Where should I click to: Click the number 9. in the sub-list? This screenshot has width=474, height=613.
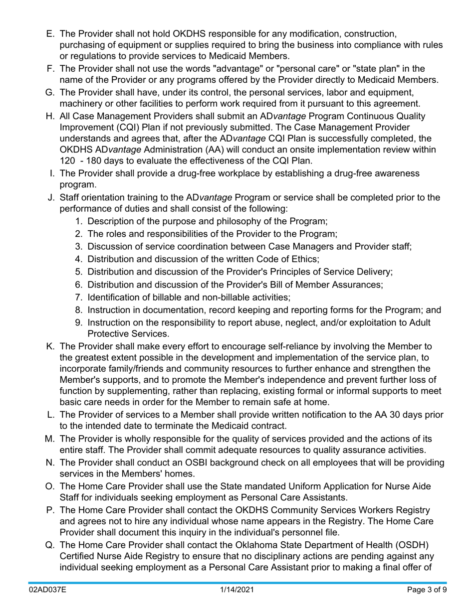79,323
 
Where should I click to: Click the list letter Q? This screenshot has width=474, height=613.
50,545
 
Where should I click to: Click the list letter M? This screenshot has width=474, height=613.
49,439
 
